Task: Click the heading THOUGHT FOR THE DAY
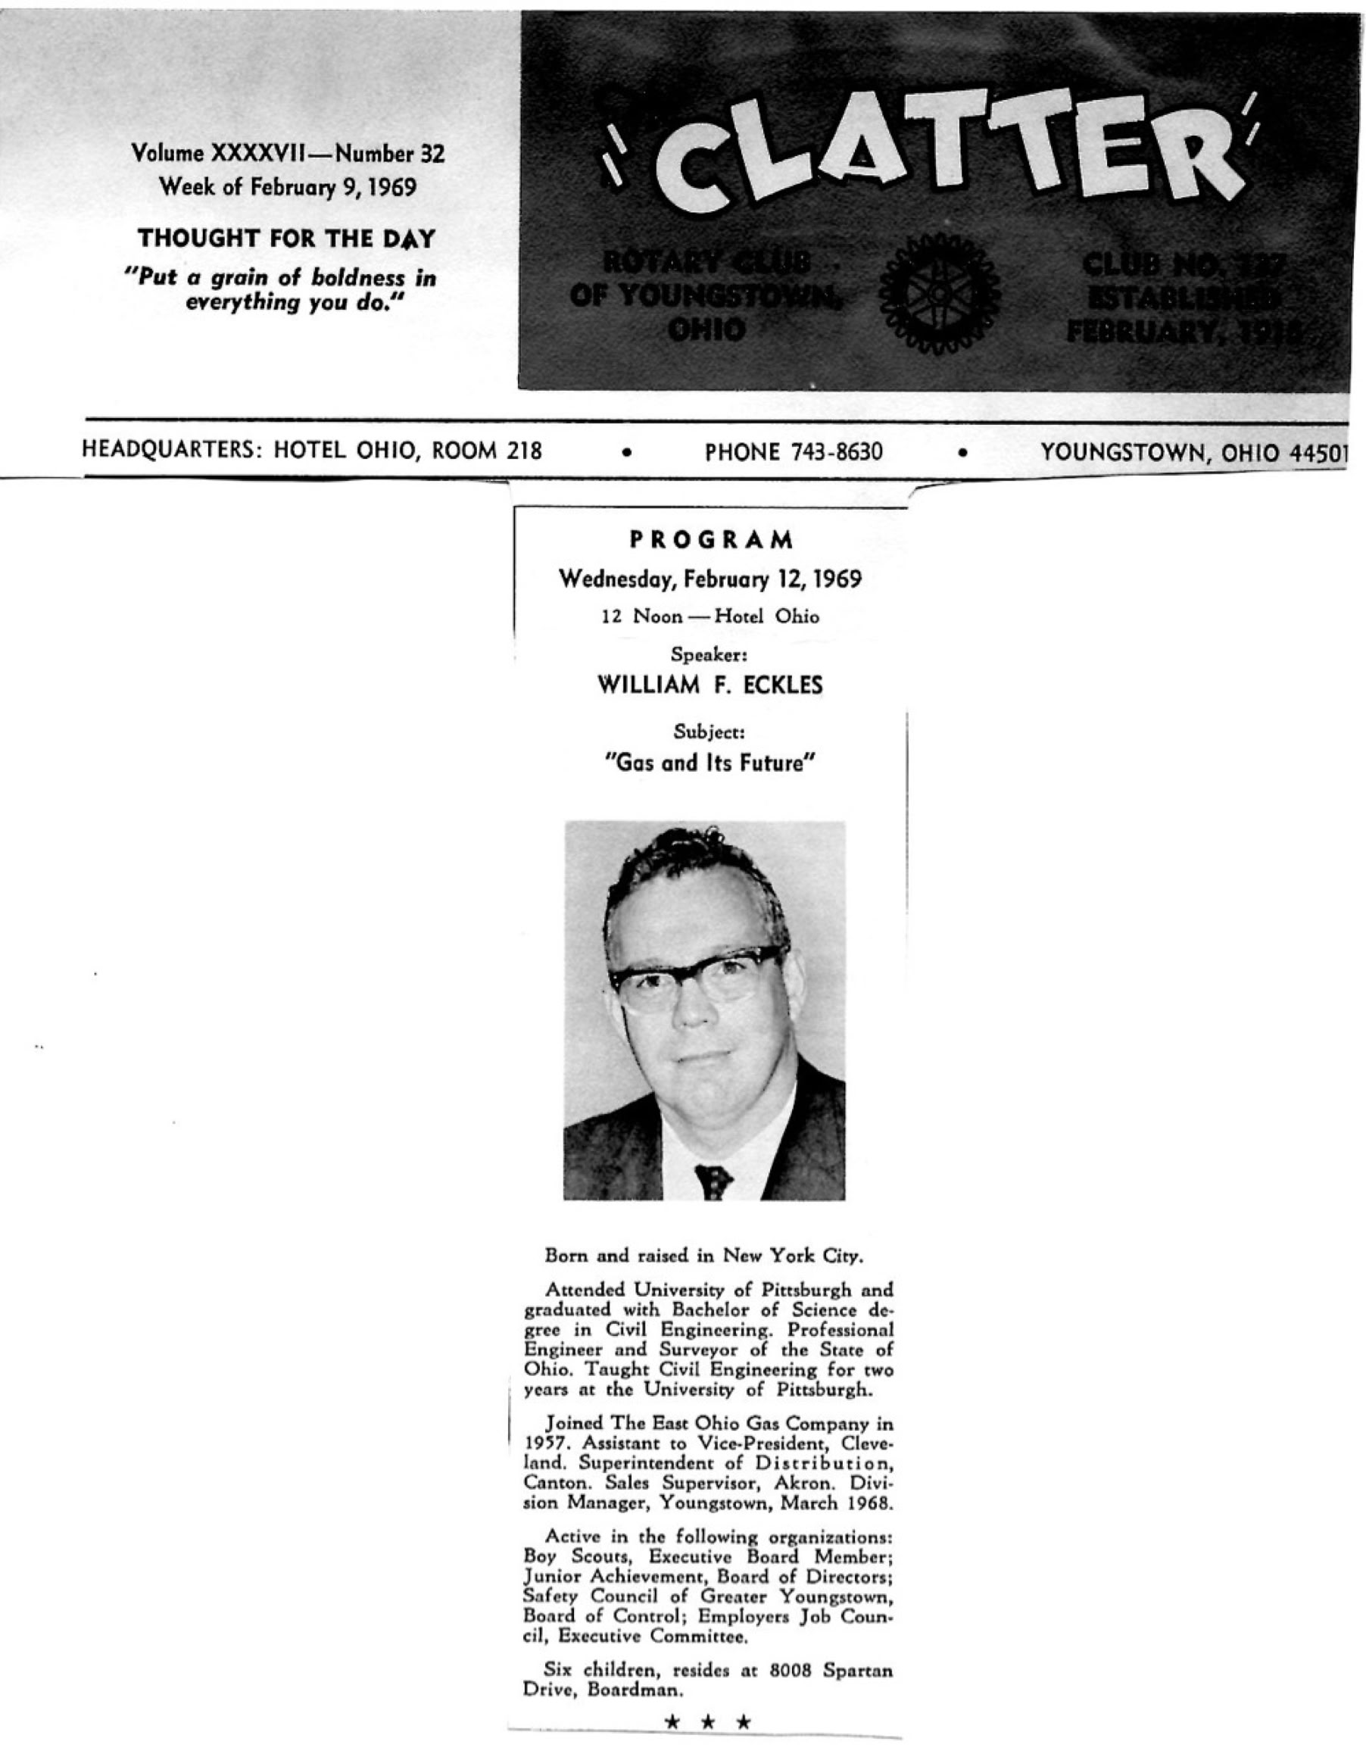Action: point(286,239)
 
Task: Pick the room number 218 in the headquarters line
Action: point(522,451)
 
